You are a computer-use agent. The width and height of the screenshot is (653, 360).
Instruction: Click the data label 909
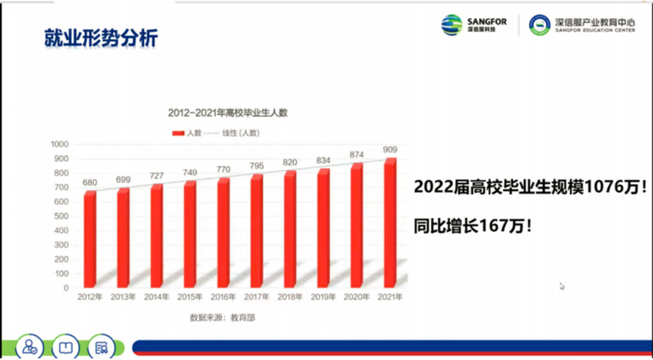coord(390,149)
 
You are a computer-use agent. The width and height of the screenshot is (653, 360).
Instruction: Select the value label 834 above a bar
coord(323,160)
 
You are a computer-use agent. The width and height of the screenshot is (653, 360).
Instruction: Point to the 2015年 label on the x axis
coord(190,296)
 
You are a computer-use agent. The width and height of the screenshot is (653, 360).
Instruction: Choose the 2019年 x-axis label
coord(323,296)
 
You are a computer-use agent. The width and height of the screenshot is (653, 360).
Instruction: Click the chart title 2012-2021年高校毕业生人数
coord(227,113)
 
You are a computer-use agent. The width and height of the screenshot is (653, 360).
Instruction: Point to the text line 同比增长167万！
coord(473,223)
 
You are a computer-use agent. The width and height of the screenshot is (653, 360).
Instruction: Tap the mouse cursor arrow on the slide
coord(562,286)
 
